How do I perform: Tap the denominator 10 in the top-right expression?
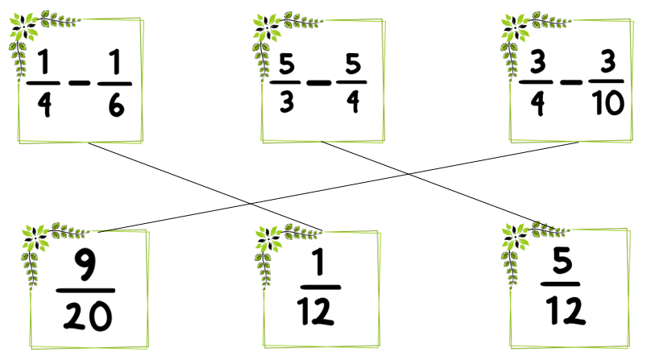coord(607,103)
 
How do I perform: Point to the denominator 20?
coord(88,317)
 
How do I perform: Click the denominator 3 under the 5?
coord(287,101)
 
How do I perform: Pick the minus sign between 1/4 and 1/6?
coord(80,83)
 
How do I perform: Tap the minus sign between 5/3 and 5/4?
coord(319,82)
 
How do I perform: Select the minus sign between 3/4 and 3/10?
coord(571,82)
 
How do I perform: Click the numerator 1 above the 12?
coord(320,262)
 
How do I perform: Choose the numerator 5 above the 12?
coord(562,259)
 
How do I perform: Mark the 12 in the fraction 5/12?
coord(566,311)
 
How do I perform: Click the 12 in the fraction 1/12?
coord(316,311)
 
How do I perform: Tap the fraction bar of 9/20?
coord(85,290)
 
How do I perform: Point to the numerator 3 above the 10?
coord(607,61)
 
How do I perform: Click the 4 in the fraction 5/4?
coord(354,101)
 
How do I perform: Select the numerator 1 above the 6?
coord(115,62)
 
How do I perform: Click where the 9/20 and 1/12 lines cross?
coord(251,204)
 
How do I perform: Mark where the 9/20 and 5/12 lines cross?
coord(408,173)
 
